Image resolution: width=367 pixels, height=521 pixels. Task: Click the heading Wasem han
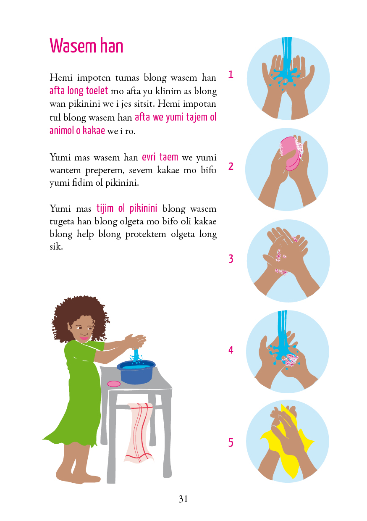[x=86, y=45]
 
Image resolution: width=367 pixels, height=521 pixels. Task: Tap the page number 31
[x=183, y=499]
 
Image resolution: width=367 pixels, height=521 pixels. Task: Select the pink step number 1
[x=231, y=74]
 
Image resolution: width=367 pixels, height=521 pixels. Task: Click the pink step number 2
[x=231, y=166]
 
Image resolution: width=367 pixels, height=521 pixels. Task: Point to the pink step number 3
[x=231, y=259]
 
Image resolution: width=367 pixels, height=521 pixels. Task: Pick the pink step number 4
[x=231, y=350]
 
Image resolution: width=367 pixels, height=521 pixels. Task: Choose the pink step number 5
[x=231, y=442]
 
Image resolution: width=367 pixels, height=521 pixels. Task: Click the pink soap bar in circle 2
[x=290, y=153]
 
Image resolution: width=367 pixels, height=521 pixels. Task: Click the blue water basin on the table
[x=136, y=372]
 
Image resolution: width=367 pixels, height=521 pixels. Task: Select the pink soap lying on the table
[x=114, y=384]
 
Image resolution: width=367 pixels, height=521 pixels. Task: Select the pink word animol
[x=62, y=130]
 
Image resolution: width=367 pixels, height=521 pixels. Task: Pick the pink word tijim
[x=105, y=208]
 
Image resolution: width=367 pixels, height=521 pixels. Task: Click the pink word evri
[x=149, y=157]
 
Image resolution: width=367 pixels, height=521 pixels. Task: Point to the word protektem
[x=146, y=234]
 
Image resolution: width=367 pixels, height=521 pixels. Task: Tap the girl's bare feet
[x=77, y=474]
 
